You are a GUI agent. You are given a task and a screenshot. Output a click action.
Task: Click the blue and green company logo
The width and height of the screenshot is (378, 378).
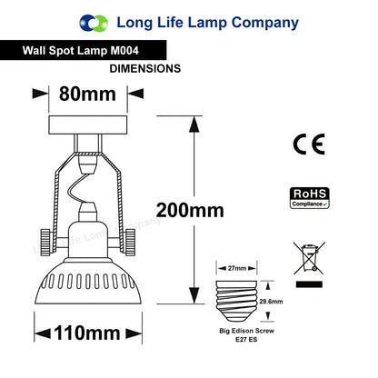(94, 23)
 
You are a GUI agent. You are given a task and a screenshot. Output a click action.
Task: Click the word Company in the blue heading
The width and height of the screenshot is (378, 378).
(265, 24)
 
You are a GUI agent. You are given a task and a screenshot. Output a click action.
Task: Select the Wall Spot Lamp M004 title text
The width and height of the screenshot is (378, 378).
(81, 50)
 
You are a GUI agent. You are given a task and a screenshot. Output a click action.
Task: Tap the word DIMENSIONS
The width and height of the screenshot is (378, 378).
(145, 68)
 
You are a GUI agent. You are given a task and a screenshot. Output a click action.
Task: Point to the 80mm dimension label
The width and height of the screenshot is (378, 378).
(87, 94)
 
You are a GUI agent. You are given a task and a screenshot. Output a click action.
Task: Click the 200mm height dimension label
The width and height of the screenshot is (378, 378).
(190, 210)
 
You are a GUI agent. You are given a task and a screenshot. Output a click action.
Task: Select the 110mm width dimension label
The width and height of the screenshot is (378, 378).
(87, 333)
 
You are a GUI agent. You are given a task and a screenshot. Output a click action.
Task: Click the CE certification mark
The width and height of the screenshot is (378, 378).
(309, 144)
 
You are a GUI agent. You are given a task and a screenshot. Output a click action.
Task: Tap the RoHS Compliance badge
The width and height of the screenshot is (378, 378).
(310, 198)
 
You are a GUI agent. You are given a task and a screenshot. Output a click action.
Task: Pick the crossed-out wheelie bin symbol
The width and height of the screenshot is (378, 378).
(309, 258)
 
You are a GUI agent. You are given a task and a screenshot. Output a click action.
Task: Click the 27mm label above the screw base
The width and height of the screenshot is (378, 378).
(237, 268)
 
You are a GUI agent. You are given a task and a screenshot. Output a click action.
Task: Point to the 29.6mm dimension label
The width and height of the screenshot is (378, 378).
(271, 302)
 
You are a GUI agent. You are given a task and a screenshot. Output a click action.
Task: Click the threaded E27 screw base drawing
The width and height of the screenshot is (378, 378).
(236, 301)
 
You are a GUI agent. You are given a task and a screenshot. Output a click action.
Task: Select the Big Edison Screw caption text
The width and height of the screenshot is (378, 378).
(246, 331)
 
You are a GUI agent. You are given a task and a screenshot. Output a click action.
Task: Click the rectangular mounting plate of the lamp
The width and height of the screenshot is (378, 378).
(87, 124)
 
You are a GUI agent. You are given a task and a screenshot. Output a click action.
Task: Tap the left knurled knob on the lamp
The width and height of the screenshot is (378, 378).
(45, 243)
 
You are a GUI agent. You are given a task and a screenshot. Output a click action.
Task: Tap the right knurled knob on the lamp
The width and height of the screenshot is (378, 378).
(130, 243)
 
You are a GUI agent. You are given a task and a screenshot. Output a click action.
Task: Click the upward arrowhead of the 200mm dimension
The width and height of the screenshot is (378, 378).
(194, 124)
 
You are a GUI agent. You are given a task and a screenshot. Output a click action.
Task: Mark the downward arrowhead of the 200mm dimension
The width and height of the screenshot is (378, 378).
(194, 295)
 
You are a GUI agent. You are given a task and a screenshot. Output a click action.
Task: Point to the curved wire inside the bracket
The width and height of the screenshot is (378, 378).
(79, 188)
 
